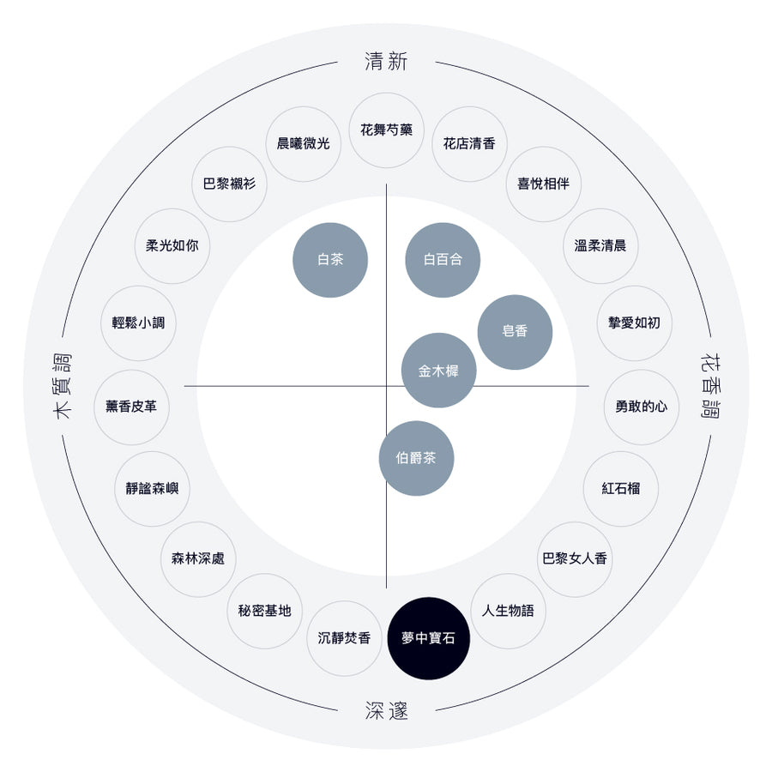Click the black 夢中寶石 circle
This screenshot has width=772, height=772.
pyautogui.click(x=428, y=638)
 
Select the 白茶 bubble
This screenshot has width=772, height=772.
pyautogui.click(x=330, y=260)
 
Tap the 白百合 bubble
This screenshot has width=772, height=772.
pyautogui.click(x=443, y=260)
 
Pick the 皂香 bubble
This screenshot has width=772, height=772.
pyautogui.click(x=515, y=332)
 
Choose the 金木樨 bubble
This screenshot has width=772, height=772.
pyautogui.click(x=438, y=371)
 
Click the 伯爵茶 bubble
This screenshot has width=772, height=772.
pyautogui.click(x=416, y=458)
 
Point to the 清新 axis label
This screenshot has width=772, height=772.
pyautogui.click(x=387, y=62)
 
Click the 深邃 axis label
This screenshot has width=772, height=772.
pyautogui.click(x=387, y=710)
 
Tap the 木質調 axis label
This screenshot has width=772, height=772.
pyautogui.click(x=62, y=386)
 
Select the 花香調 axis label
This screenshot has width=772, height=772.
pyautogui.click(x=710, y=386)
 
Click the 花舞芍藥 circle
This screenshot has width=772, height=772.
pyautogui.click(x=387, y=130)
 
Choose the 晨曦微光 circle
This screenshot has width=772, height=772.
pyautogui.click(x=304, y=144)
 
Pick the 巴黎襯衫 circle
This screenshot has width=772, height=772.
pyautogui.click(x=229, y=184)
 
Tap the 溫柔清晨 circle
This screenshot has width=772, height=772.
pyautogui.click(x=600, y=245)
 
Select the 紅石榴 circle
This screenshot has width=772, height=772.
pyautogui.click(x=621, y=488)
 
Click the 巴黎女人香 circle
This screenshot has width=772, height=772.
pyautogui.click(x=575, y=558)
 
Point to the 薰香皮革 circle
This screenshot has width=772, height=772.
pyautogui.click(x=131, y=407)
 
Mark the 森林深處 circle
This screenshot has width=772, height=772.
pyautogui.click(x=198, y=558)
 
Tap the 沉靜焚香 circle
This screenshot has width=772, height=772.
pyautogui.click(x=344, y=638)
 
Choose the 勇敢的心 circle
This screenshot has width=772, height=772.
pyautogui.click(x=642, y=407)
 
